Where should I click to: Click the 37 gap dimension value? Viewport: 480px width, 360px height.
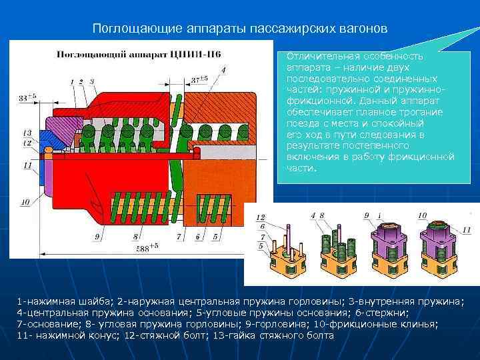[x=199, y=79]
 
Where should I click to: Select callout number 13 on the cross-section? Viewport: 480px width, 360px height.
[x=27, y=132]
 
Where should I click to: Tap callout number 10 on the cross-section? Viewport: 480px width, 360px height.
[x=25, y=201]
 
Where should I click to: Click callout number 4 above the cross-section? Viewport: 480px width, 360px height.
[x=223, y=70]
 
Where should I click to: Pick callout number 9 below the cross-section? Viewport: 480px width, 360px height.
[x=97, y=236]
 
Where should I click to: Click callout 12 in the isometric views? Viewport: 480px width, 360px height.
[x=261, y=217]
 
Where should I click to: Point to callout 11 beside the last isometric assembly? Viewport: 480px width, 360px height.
[x=465, y=230]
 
